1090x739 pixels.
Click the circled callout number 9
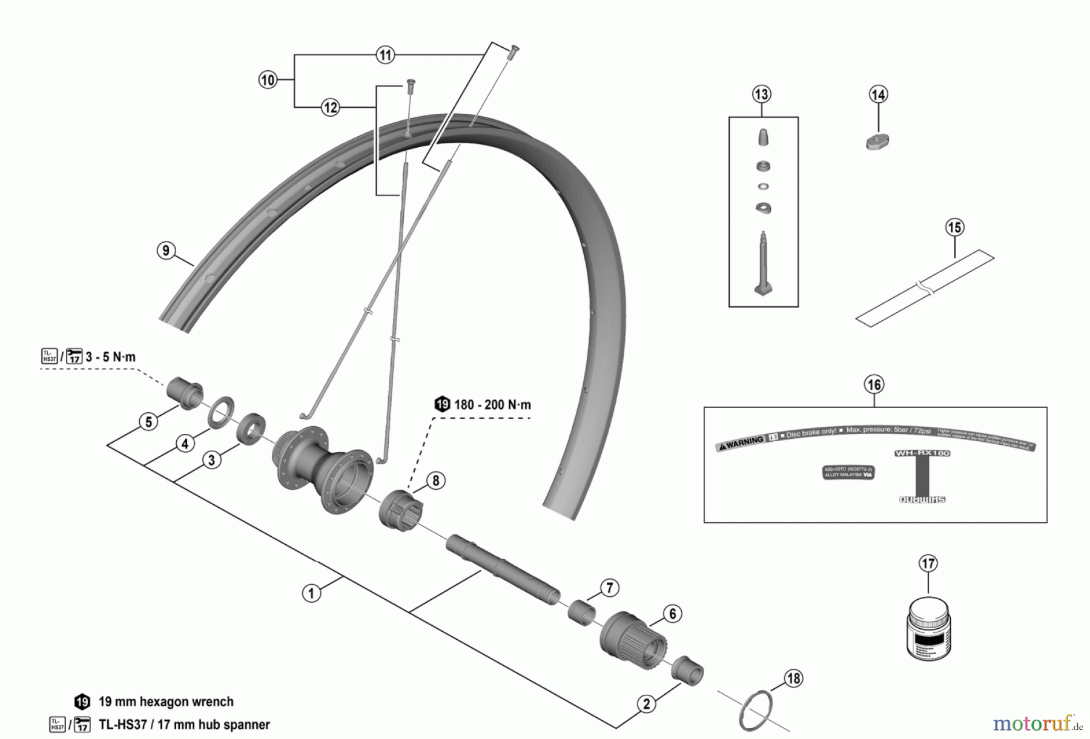(x=166, y=250)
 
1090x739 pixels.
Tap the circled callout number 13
(x=761, y=94)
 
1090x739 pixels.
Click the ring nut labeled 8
(x=400, y=509)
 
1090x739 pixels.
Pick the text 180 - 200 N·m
(x=492, y=404)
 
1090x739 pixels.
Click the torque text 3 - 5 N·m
(x=110, y=356)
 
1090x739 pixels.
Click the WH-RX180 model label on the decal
(x=922, y=453)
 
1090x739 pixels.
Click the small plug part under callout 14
(x=876, y=142)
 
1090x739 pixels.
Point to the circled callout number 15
(x=954, y=228)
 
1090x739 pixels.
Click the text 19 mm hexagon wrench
(x=165, y=701)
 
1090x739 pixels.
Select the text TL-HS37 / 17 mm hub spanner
(x=183, y=724)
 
